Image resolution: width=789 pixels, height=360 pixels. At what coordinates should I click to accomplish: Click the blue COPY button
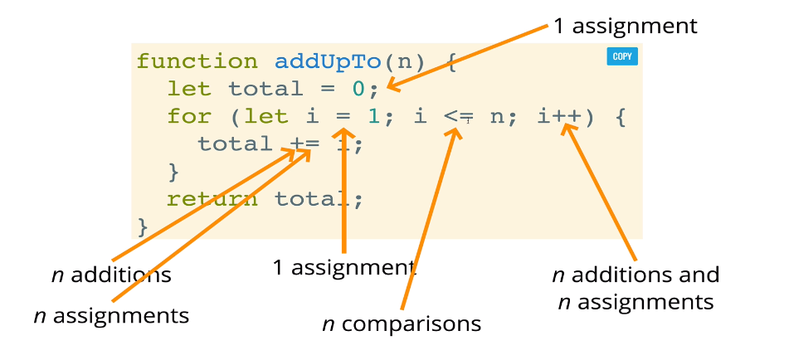621,57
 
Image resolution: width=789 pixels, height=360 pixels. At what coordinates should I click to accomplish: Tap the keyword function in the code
197,61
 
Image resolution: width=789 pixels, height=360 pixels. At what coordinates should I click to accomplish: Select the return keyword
212,199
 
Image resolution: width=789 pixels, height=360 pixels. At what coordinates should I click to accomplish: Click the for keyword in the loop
189,116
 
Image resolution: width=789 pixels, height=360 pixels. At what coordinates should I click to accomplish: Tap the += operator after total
304,144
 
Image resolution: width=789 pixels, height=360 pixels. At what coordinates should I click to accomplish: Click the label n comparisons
402,324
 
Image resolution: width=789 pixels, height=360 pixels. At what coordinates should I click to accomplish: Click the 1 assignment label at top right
626,26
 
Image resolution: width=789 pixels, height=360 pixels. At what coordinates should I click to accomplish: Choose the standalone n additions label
111,275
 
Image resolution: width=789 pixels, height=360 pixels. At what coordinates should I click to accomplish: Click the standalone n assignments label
111,315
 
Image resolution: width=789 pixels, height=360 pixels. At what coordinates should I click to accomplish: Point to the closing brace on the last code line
142,226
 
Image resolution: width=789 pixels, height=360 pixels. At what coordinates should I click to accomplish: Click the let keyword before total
189,89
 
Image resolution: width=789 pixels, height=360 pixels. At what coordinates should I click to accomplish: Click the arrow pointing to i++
601,195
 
